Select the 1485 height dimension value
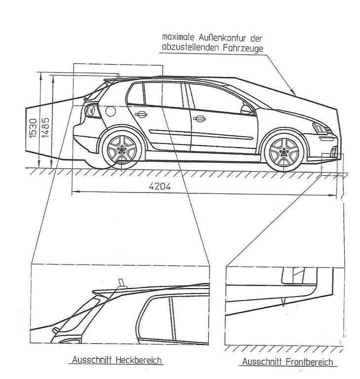[x=46, y=128]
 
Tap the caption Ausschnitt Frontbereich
[x=287, y=362]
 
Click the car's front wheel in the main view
[x=284, y=152]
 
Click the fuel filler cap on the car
[x=109, y=111]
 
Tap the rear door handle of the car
[x=141, y=114]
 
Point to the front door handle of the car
[x=199, y=118]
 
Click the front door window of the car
[x=217, y=99]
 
